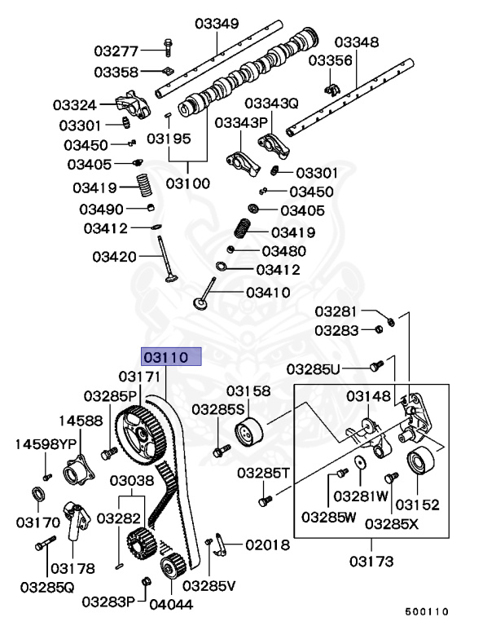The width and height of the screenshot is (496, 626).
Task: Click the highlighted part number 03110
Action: tap(166, 357)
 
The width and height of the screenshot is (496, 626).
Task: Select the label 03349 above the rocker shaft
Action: tap(216, 24)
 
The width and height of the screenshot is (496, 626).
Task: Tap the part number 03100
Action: tap(188, 183)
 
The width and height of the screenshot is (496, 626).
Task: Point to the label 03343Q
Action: tap(272, 104)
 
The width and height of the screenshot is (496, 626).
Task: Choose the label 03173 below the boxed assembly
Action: tap(371, 561)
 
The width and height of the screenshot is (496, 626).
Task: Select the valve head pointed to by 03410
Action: tap(201, 305)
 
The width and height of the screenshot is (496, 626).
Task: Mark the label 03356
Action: tap(331, 60)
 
